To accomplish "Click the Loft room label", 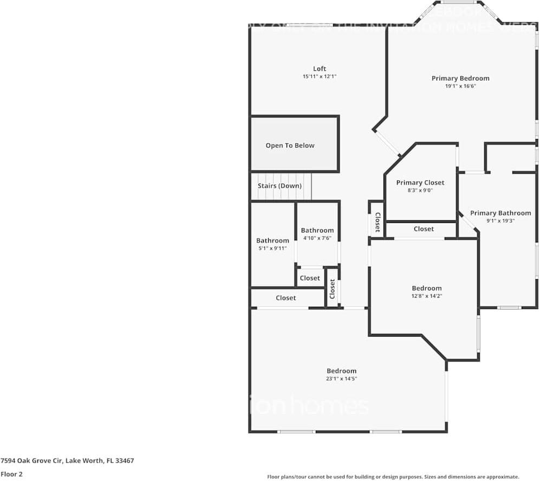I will click(x=320, y=69).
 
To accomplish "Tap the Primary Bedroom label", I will click(x=460, y=78).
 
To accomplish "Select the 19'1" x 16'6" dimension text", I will click(x=460, y=86).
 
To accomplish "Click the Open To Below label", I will click(x=290, y=146).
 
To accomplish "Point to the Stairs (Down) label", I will click(x=280, y=186).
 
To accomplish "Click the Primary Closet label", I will click(x=420, y=183).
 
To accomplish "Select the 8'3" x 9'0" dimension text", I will click(x=420, y=190).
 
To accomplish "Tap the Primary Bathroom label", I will click(x=500, y=213).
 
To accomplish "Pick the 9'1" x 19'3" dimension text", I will click(x=500, y=221).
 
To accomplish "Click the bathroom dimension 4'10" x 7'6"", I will click(x=317, y=238).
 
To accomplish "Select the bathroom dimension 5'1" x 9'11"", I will click(x=272, y=248).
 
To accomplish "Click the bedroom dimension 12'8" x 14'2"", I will click(x=426, y=296).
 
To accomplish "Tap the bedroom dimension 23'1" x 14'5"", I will click(x=341, y=379).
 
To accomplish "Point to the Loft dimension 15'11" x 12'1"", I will click(x=320, y=77).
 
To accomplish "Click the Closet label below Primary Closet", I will click(x=424, y=229).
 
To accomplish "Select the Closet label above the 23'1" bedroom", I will click(x=285, y=298).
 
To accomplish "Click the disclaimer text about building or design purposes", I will click(x=393, y=477).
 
